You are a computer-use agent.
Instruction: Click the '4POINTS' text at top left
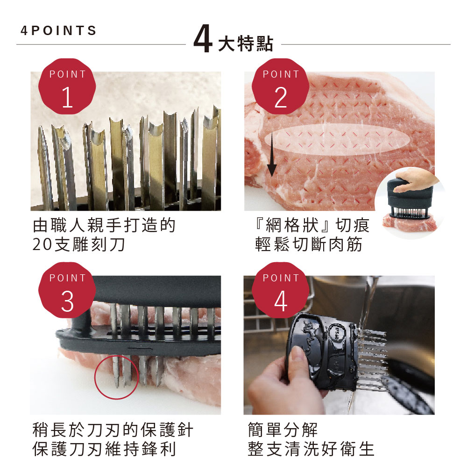click(58, 30)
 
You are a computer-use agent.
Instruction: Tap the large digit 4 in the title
click(203, 39)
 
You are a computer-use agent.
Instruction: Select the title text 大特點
click(246, 43)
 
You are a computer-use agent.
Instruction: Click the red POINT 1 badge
click(67, 86)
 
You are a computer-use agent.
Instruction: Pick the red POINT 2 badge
click(280, 86)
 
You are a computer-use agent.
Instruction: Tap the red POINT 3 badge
click(67, 290)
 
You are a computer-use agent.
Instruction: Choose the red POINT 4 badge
click(280, 290)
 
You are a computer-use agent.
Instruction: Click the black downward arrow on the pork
click(272, 154)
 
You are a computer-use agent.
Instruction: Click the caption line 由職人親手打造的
click(104, 225)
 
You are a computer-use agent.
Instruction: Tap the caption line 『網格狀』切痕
click(312, 225)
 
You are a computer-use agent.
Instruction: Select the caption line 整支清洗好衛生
click(311, 449)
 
